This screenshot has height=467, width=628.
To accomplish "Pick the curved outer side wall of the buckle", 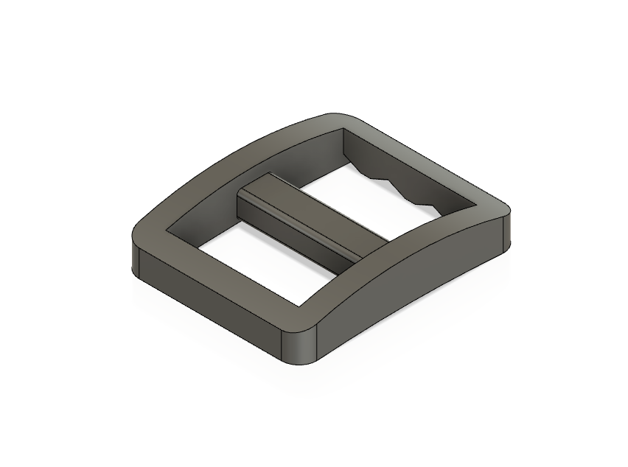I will (413, 287).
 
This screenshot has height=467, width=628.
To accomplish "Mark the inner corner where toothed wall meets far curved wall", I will (344, 137).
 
